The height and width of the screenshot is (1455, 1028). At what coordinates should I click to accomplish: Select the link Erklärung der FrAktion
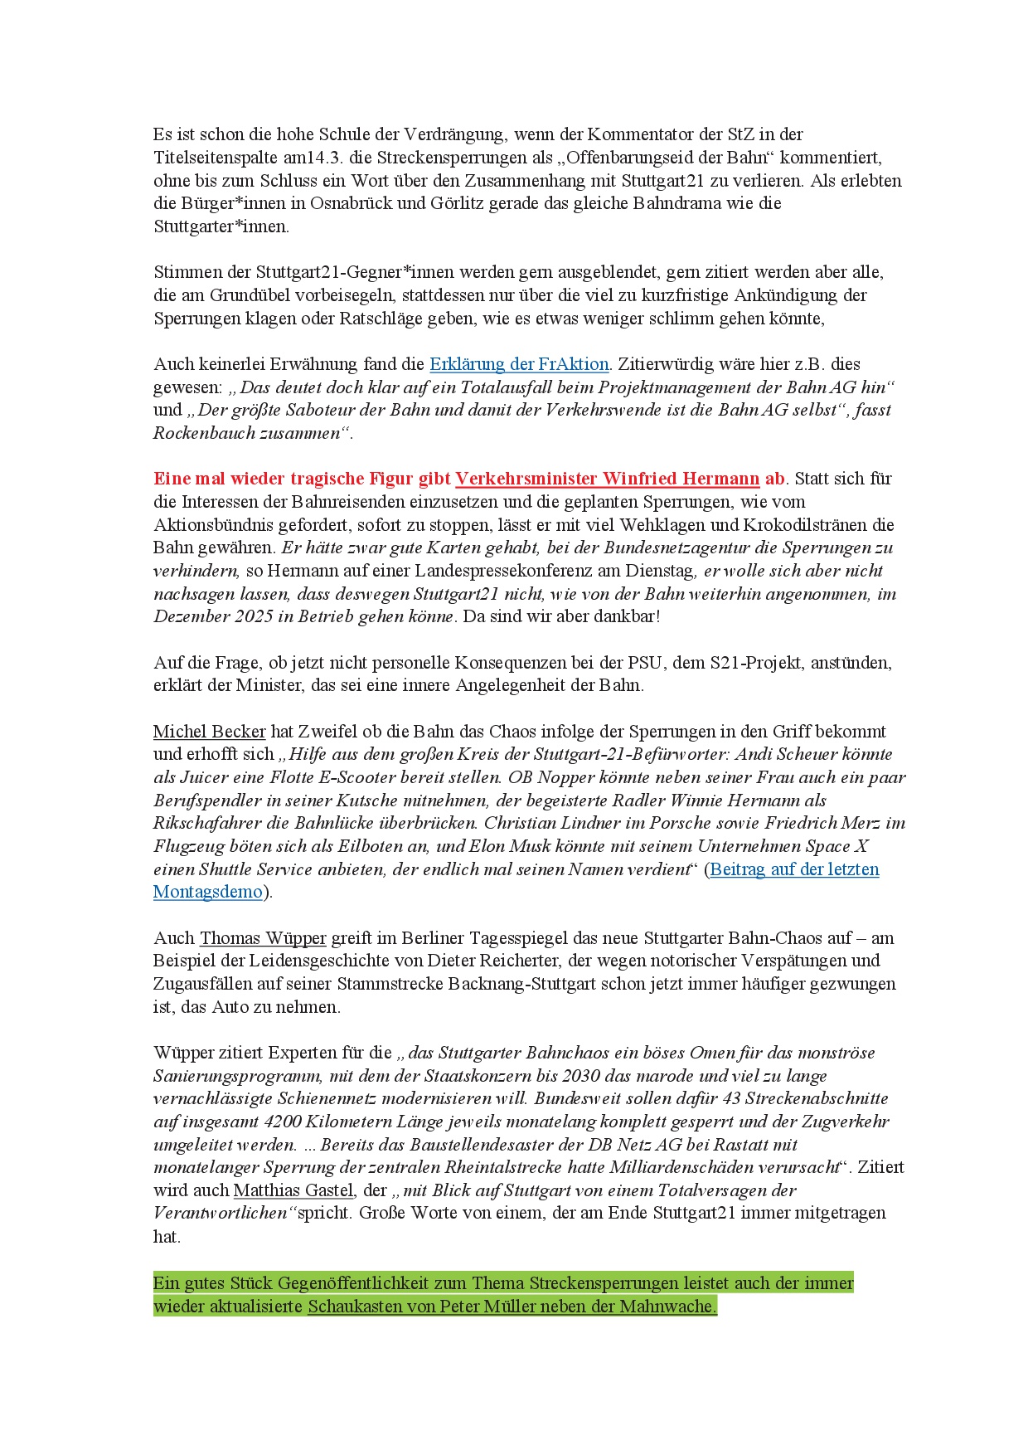[519, 364]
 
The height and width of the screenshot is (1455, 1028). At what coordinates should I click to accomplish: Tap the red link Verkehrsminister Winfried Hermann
[607, 479]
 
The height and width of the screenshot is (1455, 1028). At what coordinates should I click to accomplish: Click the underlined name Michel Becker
[209, 732]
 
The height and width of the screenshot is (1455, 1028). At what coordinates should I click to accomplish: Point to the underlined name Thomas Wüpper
[263, 938]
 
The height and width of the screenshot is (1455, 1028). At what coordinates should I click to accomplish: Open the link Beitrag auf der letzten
[794, 869]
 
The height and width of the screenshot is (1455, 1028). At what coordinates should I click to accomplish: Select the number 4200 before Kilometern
[282, 1122]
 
